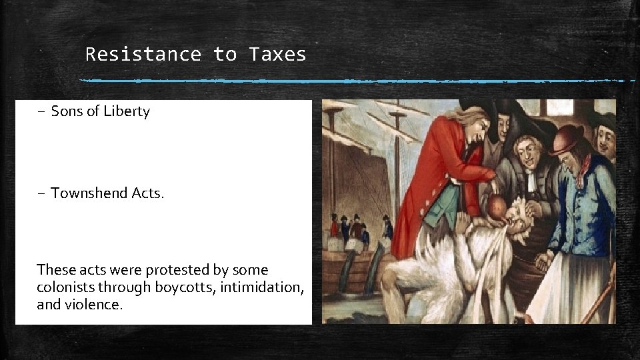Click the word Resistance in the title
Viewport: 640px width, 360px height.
click(143, 54)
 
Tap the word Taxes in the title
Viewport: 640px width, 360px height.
click(277, 54)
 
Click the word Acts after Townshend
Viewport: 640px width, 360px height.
click(147, 193)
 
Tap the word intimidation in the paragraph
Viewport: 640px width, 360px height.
click(265, 288)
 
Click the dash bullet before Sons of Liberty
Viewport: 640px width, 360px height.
click(41, 111)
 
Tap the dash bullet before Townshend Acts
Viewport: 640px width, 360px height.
click(41, 193)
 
